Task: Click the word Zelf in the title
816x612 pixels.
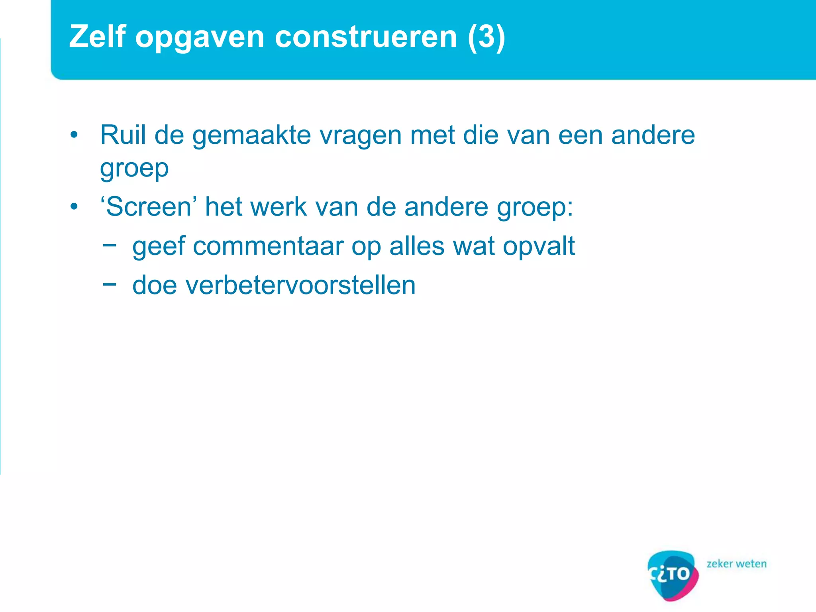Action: [98, 37]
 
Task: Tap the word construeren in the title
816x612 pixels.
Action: [366, 37]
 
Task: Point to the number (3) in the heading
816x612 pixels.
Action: [486, 37]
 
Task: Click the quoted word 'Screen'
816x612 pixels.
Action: [148, 207]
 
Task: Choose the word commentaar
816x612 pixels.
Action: [268, 246]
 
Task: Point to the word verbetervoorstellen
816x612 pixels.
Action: [274, 285]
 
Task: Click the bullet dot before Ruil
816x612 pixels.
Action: [74, 135]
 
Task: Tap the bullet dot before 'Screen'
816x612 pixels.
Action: [74, 207]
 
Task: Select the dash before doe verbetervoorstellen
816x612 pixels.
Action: [109, 284]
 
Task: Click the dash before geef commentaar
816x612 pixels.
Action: [109, 245]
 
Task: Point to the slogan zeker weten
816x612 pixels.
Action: [736, 564]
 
